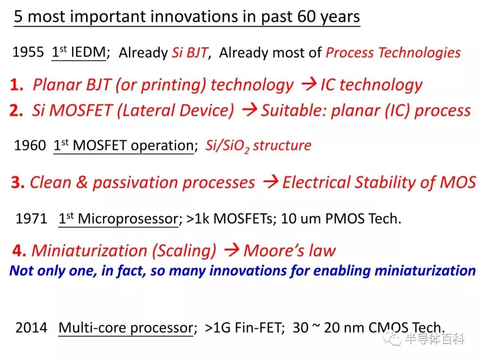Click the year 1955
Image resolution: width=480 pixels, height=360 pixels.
click(28, 52)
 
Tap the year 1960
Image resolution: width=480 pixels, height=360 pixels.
click(30, 145)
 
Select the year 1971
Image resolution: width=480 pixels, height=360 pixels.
click(31, 219)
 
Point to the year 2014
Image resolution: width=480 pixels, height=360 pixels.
click(32, 328)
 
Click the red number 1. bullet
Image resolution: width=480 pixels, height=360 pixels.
click(16, 85)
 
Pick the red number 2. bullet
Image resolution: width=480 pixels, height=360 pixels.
click(16, 111)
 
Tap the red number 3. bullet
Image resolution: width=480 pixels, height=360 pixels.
click(18, 183)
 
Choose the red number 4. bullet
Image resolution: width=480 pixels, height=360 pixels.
click(19, 251)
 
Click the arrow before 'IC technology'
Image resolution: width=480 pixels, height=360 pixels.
click(309, 84)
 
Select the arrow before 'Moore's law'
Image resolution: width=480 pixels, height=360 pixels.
click(232, 250)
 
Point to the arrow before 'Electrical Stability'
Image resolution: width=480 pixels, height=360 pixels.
click(271, 182)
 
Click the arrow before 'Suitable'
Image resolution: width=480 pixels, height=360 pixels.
click(249, 110)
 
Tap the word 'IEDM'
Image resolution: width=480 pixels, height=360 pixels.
click(88, 52)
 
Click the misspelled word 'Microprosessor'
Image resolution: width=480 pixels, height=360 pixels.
click(128, 219)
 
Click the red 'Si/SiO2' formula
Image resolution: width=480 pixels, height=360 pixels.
click(227, 146)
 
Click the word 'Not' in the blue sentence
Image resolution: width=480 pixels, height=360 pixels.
click(21, 271)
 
